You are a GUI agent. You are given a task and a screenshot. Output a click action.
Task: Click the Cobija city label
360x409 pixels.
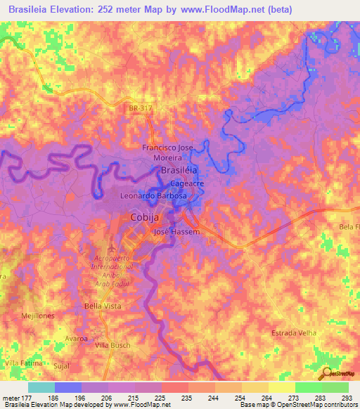[x=147, y=217]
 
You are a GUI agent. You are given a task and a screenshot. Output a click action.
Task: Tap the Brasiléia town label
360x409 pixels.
[x=179, y=170]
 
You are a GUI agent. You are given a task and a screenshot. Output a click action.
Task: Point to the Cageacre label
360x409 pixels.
[x=186, y=183]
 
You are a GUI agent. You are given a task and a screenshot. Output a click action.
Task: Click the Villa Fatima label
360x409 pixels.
[x=23, y=362]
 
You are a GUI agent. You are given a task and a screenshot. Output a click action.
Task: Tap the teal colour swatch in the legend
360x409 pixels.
[x=41, y=387]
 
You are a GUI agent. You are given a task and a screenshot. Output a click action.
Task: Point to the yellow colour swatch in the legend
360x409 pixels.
[x=281, y=387]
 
